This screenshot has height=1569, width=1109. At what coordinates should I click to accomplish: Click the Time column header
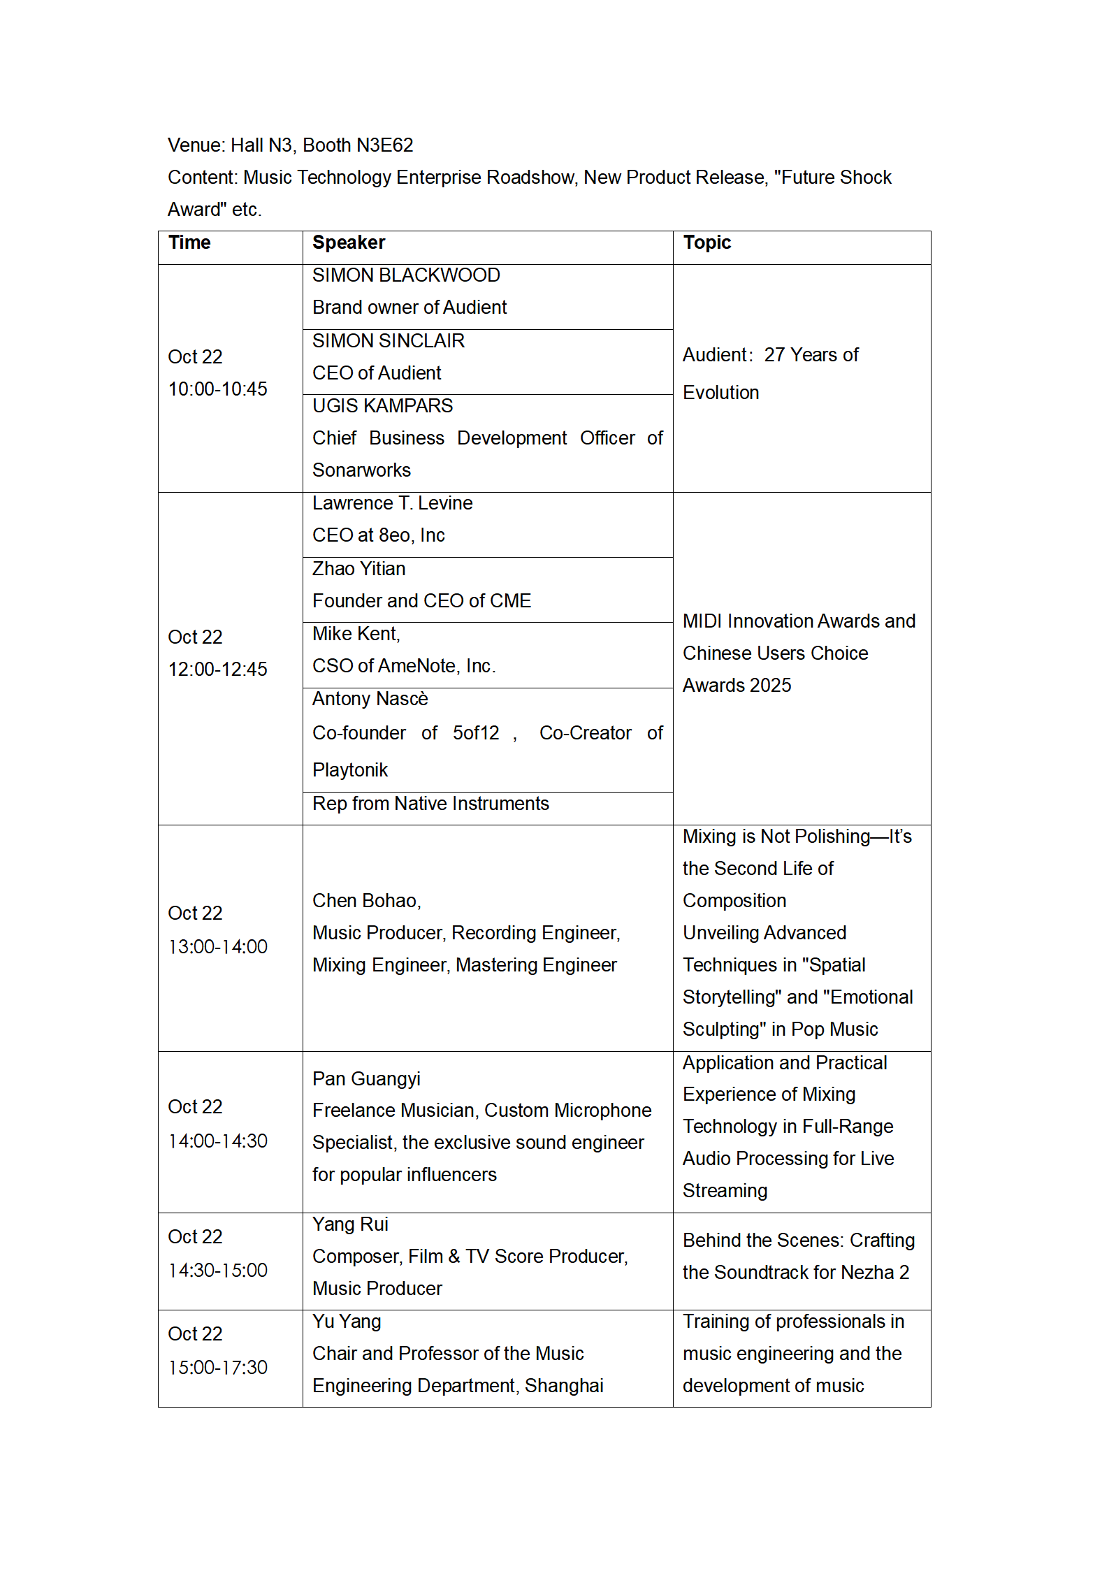[189, 243]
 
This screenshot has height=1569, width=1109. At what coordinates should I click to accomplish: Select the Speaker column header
[348, 243]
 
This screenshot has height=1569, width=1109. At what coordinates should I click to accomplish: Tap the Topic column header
[706, 243]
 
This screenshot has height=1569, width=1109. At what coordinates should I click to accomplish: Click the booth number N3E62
[384, 145]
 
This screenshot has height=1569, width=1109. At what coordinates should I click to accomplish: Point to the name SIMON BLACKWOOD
[406, 275]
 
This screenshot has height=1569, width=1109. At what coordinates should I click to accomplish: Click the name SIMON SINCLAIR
[388, 341]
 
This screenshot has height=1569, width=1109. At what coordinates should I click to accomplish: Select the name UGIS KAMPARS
[382, 406]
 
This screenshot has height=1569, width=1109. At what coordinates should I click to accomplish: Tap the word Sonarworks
[361, 470]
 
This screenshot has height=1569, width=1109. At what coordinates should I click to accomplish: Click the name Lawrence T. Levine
[392, 503]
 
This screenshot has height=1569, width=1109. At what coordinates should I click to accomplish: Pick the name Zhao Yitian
[358, 569]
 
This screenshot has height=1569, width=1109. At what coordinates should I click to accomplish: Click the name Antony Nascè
[370, 699]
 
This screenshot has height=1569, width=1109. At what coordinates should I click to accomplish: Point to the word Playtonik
[349, 770]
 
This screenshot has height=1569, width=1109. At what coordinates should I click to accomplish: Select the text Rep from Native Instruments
[430, 804]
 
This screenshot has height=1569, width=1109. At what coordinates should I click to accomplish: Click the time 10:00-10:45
[217, 389]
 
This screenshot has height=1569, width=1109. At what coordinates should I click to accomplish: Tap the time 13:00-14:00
[217, 947]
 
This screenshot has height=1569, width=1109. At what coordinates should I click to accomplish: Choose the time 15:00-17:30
[217, 1368]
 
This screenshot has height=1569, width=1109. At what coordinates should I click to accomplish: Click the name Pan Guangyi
[366, 1079]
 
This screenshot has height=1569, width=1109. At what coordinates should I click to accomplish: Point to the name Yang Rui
[350, 1224]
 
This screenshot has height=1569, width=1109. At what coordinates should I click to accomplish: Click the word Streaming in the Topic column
[725, 1191]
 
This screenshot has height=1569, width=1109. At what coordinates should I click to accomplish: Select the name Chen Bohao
[365, 901]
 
